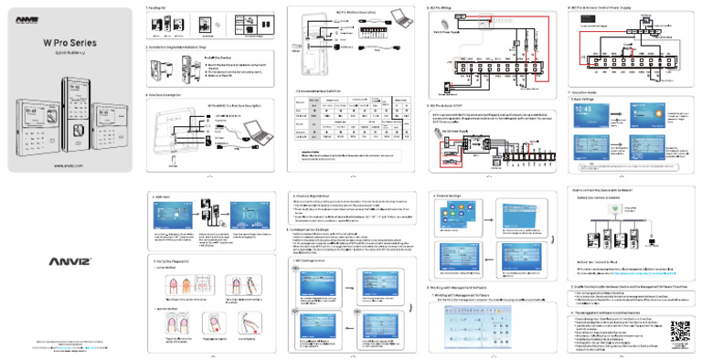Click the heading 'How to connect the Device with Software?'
click(609, 190)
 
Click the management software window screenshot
click(480, 330)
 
